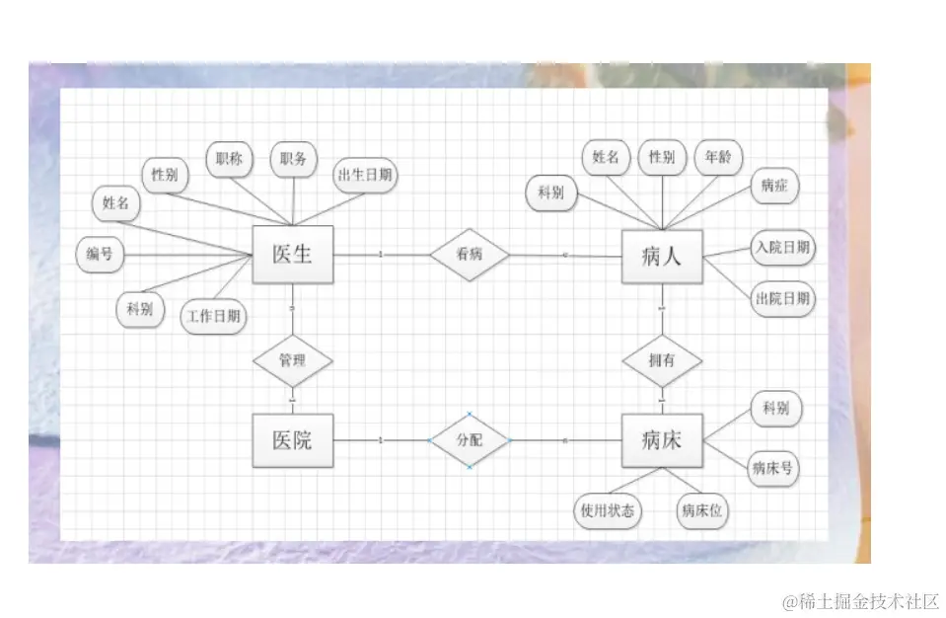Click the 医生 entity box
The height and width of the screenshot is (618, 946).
(292, 254)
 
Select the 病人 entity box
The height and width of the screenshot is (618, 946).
(661, 257)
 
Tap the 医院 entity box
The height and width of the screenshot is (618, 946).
(292, 440)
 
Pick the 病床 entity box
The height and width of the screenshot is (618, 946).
(661, 440)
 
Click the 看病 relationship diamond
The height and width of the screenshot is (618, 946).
(470, 254)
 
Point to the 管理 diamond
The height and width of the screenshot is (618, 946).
(292, 360)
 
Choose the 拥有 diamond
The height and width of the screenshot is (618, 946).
(661, 360)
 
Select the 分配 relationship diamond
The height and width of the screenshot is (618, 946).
(470, 440)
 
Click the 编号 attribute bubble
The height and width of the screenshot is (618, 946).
(100, 254)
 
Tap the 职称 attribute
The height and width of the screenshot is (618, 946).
(229, 159)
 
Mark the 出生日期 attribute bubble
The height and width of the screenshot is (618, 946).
(365, 176)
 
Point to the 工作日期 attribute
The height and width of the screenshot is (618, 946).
(215, 317)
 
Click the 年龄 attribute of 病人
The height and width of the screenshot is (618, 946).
(718, 157)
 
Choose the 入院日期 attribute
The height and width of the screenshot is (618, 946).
(782, 247)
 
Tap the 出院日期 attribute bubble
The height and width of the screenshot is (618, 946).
(783, 297)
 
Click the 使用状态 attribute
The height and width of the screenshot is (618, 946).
(607, 511)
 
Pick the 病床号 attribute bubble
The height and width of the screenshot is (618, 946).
(773, 468)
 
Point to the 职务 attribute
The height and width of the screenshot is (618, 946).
(293, 159)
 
